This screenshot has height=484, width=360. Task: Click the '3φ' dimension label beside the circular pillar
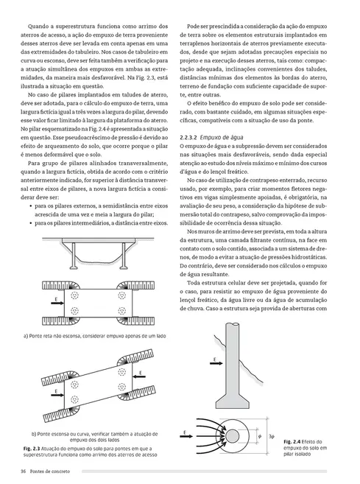(272, 436)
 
